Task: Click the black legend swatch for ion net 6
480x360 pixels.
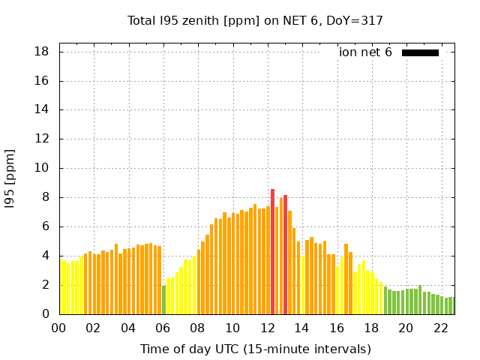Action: pyautogui.click(x=420, y=52)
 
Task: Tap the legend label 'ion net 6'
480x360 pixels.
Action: pyautogui.click(x=365, y=52)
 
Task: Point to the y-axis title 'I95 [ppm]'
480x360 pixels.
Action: pyautogui.click(x=10, y=178)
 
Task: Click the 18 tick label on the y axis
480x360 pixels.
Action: pyautogui.click(x=42, y=52)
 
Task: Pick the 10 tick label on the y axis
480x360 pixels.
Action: pyautogui.click(x=42, y=169)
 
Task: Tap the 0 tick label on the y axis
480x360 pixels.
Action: pyautogui.click(x=46, y=314)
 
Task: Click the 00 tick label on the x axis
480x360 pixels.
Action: pyautogui.click(x=58, y=328)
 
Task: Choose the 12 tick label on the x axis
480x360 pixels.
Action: pyautogui.click(x=267, y=328)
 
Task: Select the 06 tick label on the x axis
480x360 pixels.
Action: pyautogui.click(x=163, y=328)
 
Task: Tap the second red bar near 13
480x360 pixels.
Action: pyautogui.click(x=286, y=254)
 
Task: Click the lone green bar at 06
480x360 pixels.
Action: pyautogui.click(x=163, y=300)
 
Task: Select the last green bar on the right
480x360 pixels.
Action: pyautogui.click(x=452, y=306)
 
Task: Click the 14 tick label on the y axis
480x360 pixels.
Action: pyautogui.click(x=42, y=110)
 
